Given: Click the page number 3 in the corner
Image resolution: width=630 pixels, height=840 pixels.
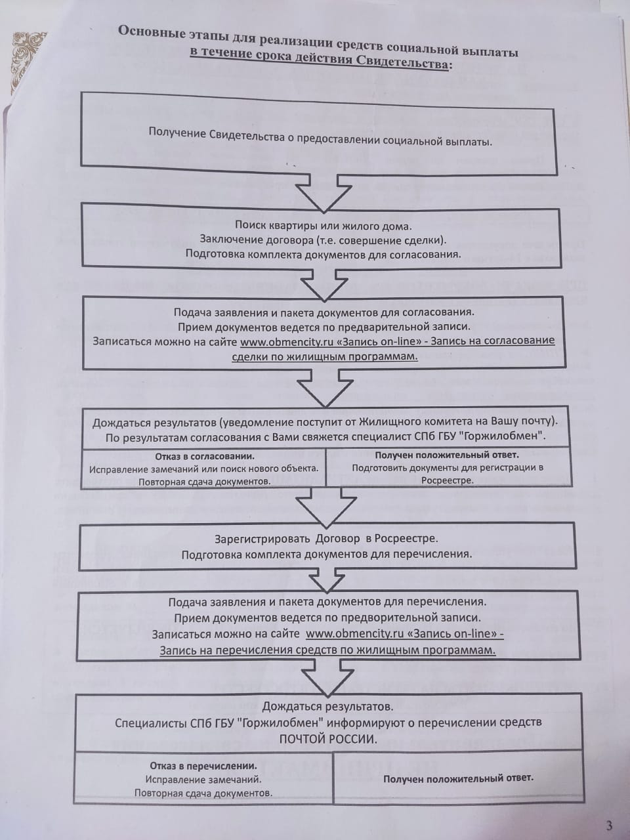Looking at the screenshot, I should pos(609,825).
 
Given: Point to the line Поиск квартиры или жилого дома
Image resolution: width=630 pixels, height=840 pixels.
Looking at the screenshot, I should pos(324,226).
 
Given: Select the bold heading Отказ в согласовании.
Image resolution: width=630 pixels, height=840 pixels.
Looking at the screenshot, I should pos(205,456).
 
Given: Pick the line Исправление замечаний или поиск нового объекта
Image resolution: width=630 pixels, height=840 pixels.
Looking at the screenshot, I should pos(204,469).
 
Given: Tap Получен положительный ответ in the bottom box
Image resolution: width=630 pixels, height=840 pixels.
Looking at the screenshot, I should pos(458,778).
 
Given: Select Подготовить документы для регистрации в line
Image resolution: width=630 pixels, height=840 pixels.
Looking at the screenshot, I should pos(448,468).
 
